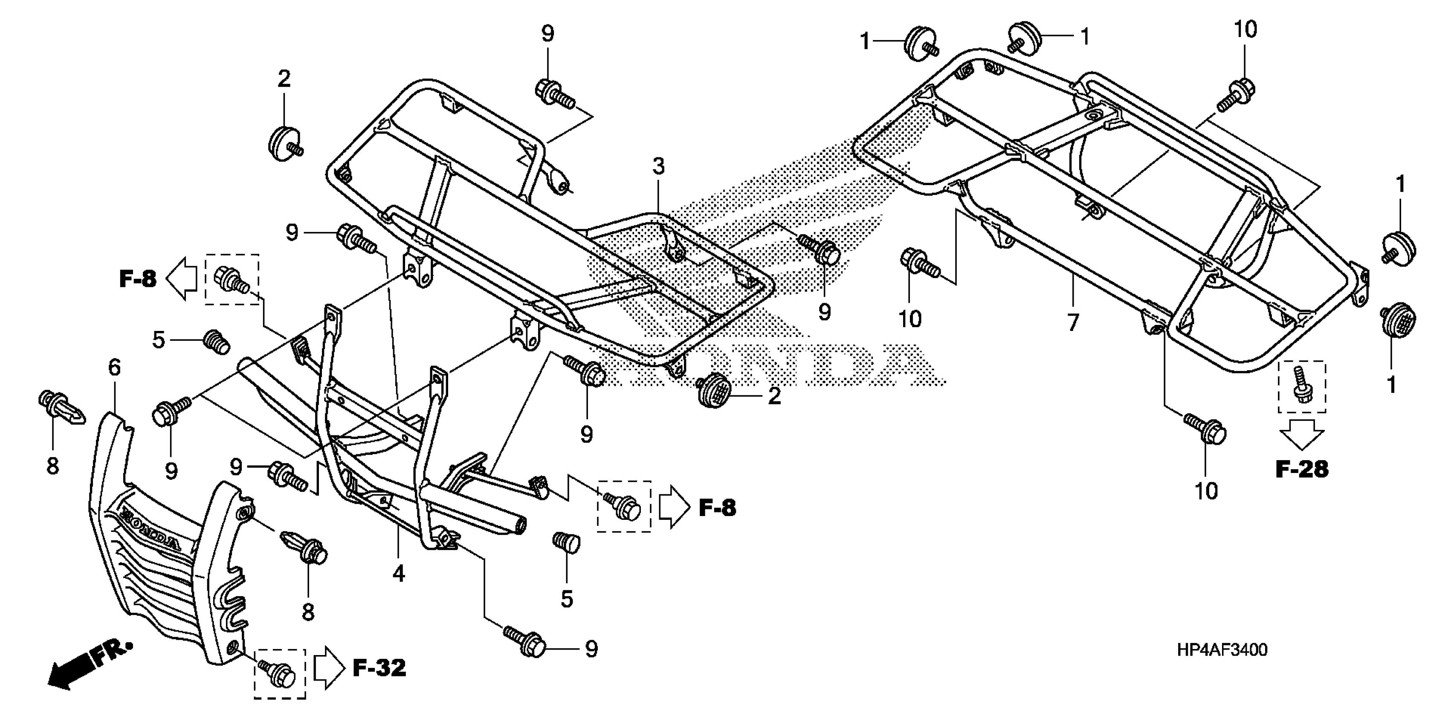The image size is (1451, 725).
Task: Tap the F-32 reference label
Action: point(379,668)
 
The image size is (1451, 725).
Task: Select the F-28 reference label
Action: point(1301,469)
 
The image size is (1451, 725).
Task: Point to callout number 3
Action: point(658,166)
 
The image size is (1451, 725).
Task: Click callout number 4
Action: point(398,574)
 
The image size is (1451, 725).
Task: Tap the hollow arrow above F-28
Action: point(1301,434)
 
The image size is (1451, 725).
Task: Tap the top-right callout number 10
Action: point(1245,29)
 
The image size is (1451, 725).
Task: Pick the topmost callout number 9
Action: point(547,34)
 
